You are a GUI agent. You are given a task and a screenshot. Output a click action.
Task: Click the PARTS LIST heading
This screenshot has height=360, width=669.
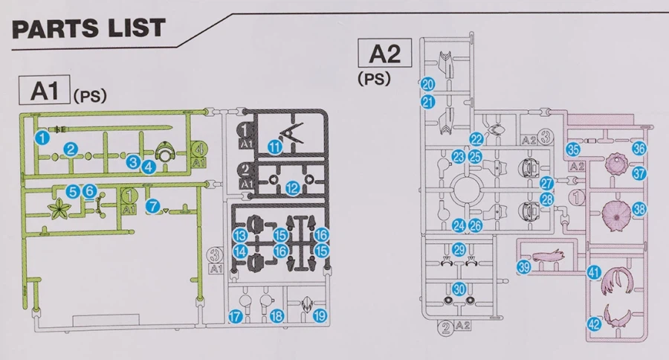[88, 29]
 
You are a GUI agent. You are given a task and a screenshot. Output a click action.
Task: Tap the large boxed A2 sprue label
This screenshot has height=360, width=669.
[385, 54]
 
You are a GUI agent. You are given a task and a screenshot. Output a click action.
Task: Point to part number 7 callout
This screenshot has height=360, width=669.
[153, 205]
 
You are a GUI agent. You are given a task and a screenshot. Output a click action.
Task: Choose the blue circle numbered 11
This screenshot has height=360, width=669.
[276, 148]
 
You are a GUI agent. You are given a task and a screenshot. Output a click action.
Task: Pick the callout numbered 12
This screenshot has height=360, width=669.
[293, 188]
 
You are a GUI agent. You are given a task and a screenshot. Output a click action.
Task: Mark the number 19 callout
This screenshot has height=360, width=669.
[320, 316]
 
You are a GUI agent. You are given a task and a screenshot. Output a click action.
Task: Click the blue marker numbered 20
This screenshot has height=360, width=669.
[427, 84]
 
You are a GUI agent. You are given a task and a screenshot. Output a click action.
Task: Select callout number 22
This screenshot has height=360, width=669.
[476, 139]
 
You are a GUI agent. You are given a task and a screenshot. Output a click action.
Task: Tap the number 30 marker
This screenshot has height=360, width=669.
[459, 289]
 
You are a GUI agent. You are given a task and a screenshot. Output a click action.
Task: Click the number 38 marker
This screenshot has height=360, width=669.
[640, 209]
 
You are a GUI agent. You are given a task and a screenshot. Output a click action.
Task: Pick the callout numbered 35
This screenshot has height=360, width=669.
[573, 150]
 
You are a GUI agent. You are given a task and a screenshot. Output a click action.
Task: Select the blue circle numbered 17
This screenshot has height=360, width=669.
[236, 317]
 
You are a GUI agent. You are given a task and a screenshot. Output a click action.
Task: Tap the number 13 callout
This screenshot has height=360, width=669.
[240, 236]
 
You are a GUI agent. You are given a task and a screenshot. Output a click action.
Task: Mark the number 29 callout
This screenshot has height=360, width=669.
[459, 250]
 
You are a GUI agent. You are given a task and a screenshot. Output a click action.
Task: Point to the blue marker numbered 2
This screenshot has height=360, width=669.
[71, 149]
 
